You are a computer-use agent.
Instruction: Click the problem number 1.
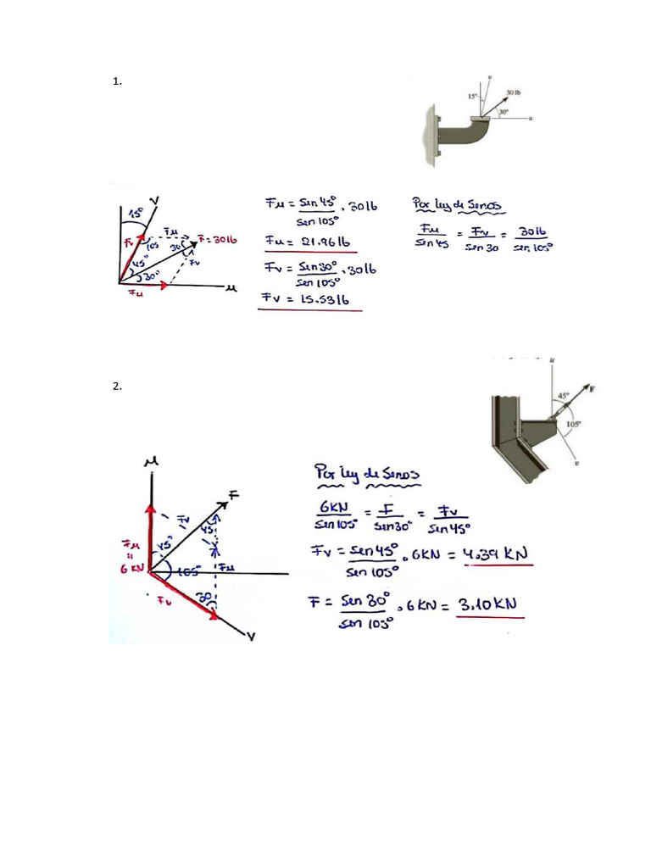click(x=117, y=82)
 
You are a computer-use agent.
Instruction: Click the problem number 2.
click(x=117, y=387)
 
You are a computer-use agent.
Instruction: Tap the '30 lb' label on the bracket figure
click(x=514, y=92)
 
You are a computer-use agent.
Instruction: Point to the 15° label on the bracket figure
click(x=472, y=97)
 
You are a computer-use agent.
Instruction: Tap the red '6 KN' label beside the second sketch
click(x=135, y=569)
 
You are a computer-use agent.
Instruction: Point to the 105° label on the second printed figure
click(x=574, y=424)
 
